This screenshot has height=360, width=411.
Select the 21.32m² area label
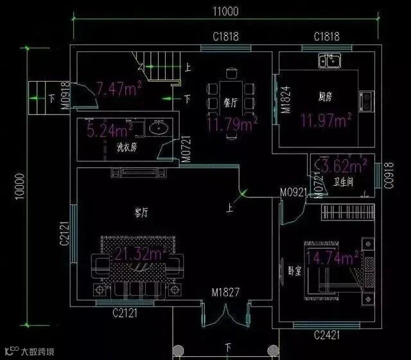coord(141,255)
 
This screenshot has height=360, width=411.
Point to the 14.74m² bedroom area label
coord(333,258)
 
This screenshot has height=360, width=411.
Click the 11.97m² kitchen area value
coord(326,120)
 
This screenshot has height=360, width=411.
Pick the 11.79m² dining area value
coord(232,123)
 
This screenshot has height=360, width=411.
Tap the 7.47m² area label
coord(119,89)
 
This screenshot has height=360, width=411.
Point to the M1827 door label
coord(225,292)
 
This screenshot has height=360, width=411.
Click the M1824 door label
coord(285,100)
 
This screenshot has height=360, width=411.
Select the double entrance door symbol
coord(226,314)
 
